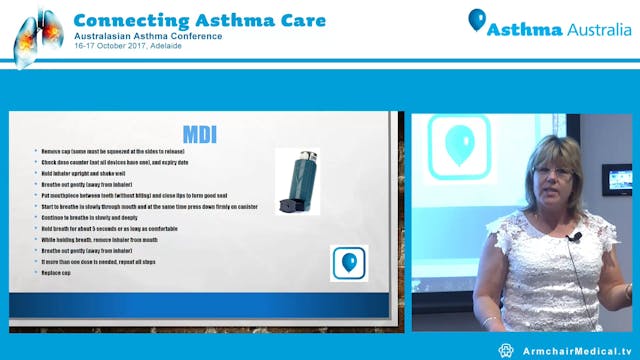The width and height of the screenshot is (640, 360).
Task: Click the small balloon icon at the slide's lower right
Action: pos(349,262)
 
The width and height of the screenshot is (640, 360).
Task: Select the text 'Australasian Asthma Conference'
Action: pos(139,37)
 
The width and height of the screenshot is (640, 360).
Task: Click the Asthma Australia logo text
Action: pos(560,29)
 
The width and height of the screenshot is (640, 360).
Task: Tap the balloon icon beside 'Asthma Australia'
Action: pos(477,20)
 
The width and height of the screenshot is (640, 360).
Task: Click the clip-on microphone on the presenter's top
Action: pos(575,237)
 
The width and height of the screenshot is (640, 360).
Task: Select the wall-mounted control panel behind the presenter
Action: pos(616,179)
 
